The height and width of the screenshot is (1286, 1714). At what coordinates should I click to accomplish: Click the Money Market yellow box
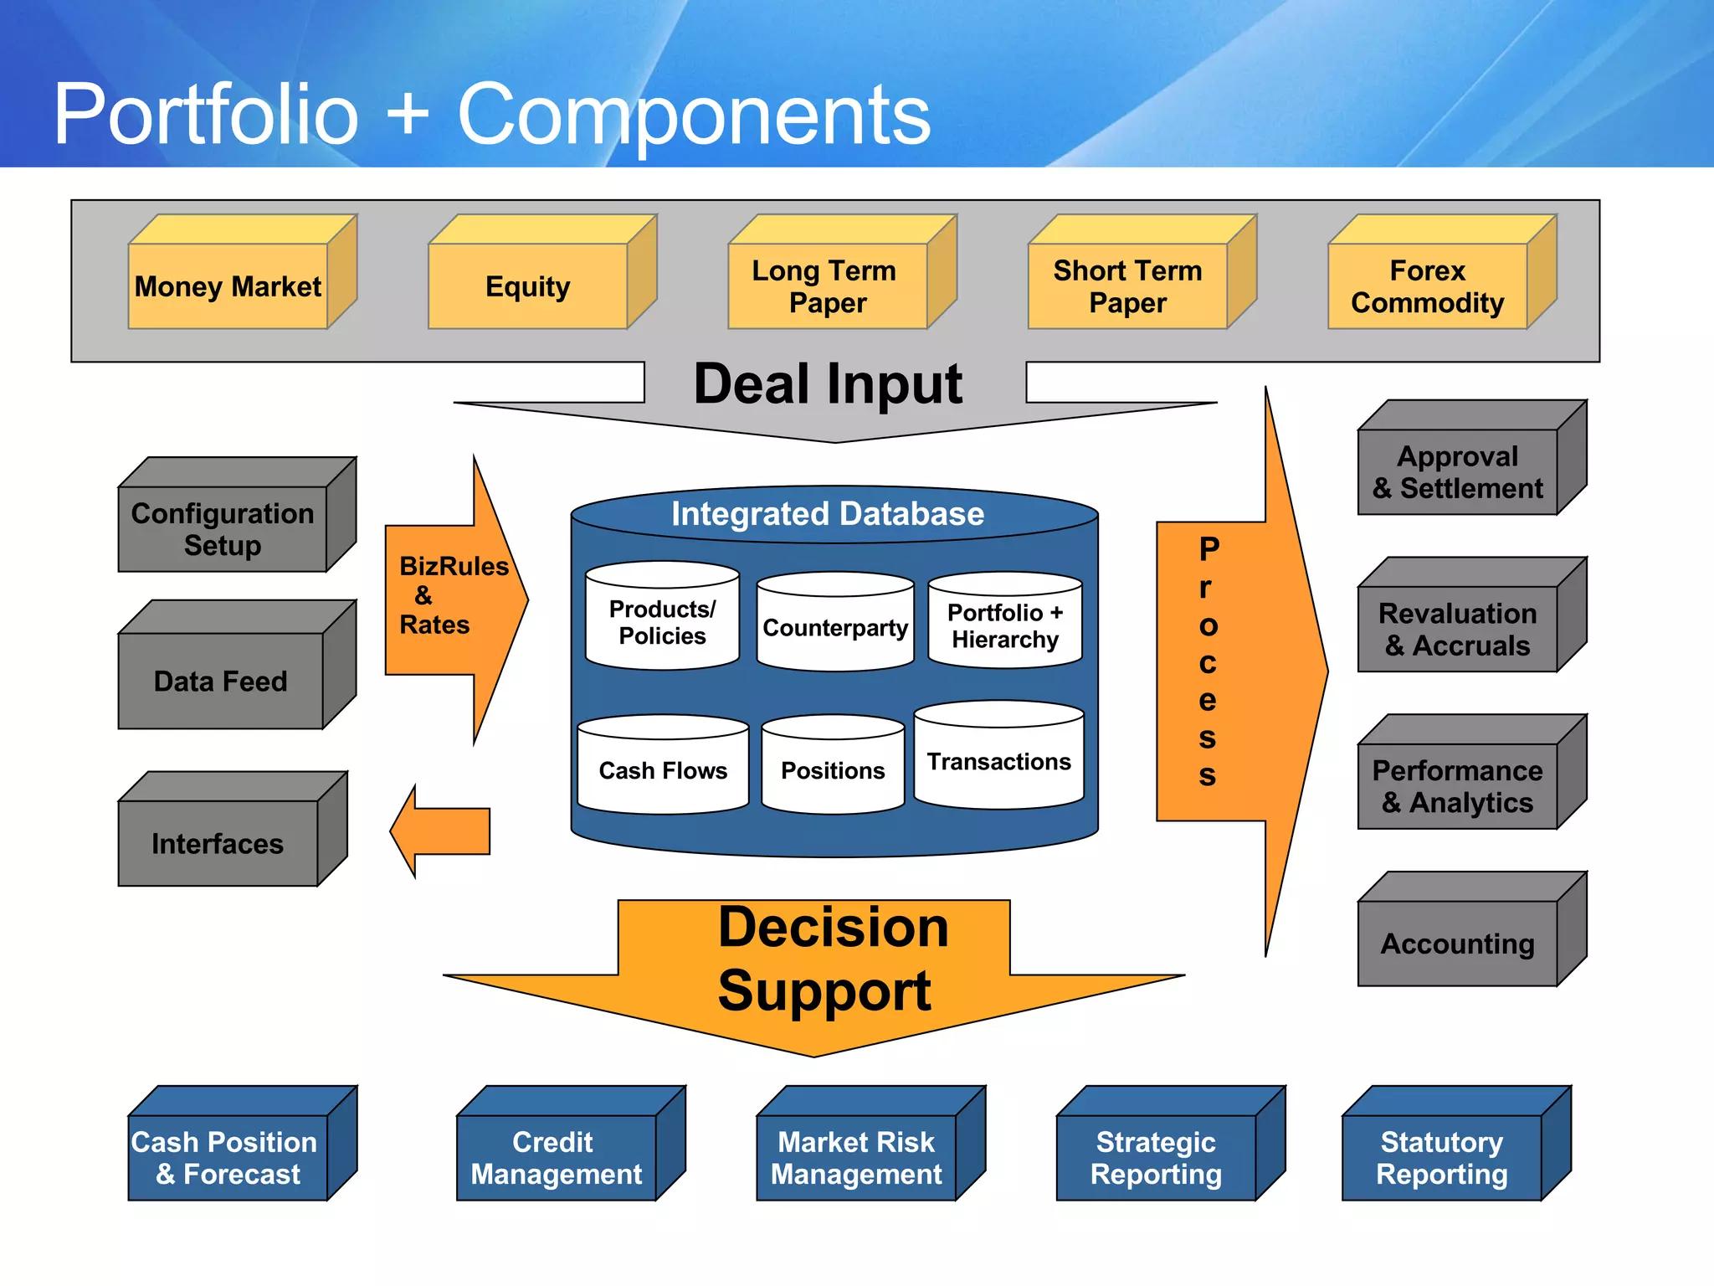[228, 286]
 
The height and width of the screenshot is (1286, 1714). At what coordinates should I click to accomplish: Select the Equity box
[528, 286]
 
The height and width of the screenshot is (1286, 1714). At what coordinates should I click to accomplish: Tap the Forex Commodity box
[1428, 286]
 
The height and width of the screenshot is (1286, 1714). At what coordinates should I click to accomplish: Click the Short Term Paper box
[1127, 286]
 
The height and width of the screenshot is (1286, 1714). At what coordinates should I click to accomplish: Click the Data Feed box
[221, 681]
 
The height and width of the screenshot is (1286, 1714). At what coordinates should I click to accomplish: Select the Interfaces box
[218, 843]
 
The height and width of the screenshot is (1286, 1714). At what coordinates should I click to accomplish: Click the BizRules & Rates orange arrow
[452, 596]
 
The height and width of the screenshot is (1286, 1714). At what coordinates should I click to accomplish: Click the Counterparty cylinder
[835, 627]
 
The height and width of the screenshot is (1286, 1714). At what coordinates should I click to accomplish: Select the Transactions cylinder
[998, 761]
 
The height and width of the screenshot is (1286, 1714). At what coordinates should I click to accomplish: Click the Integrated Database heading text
[828, 514]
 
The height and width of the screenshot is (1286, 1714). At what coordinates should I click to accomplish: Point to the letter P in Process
[1209, 550]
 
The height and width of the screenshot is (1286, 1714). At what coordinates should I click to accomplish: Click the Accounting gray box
[1457, 944]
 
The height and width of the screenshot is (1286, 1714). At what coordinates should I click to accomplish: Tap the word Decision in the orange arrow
[834, 928]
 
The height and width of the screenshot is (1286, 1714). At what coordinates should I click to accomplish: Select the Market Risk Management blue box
[856, 1158]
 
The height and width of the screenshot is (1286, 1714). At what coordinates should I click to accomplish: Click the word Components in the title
[694, 116]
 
